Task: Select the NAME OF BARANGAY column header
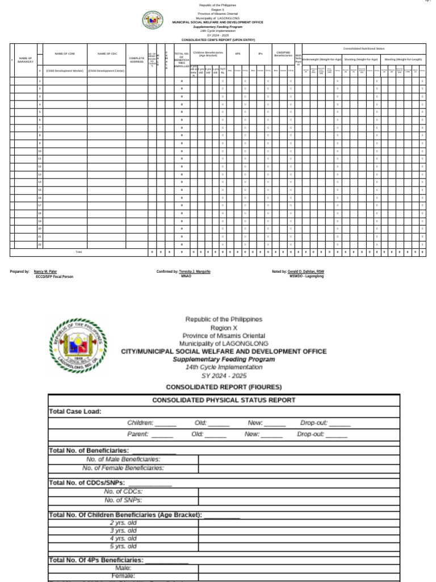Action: tap(26, 60)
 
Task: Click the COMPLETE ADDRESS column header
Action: tap(137, 59)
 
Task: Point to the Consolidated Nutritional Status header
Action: tap(364, 49)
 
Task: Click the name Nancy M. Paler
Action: tap(45, 272)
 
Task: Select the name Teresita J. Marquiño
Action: tap(195, 272)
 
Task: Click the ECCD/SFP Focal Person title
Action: tap(54, 277)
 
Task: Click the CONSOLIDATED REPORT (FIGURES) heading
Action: tap(224, 386)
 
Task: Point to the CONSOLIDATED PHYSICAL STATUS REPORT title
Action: tap(224, 400)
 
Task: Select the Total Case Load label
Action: tap(75, 411)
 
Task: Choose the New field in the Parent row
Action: tap(263, 434)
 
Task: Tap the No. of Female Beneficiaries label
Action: tap(123, 468)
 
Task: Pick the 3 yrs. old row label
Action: tap(123, 530)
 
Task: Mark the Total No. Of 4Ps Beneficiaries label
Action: tap(96, 560)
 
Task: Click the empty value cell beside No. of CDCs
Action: tap(299, 492)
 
